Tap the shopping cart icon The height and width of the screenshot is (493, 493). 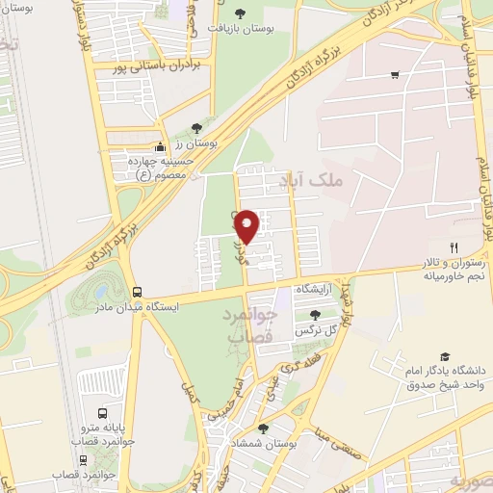click(x=395, y=75)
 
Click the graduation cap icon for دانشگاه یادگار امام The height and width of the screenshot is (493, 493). click(x=444, y=356)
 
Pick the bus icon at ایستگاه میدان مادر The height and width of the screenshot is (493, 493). click(x=137, y=291)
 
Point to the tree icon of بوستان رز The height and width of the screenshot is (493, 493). click(x=197, y=127)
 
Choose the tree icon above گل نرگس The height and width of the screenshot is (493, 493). click(x=315, y=314)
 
